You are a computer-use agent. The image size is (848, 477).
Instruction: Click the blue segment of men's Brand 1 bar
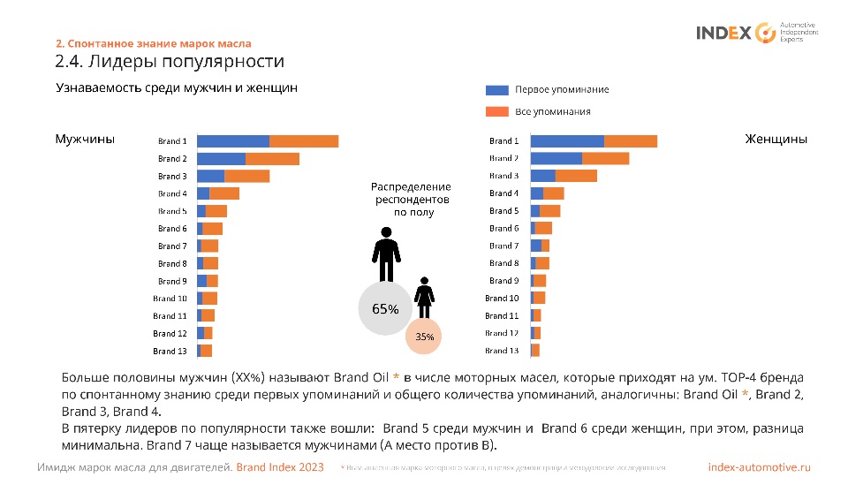point(232,141)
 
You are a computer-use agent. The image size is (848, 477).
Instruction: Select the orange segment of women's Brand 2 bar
point(605,158)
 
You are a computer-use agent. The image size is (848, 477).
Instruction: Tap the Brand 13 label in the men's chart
point(170,352)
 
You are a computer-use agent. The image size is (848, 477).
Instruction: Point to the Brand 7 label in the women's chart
point(503,246)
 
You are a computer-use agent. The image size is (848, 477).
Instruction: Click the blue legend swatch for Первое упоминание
point(497,90)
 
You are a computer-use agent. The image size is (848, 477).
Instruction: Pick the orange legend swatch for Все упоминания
point(497,112)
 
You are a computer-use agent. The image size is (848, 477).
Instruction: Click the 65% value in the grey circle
point(385,310)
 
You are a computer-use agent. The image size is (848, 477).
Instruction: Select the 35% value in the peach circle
point(425,337)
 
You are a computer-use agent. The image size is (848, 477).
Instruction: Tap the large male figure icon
point(385,254)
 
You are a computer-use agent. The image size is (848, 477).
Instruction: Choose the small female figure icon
point(425,297)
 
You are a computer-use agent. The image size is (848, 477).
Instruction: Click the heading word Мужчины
point(85,140)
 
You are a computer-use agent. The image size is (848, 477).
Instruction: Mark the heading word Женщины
point(776,140)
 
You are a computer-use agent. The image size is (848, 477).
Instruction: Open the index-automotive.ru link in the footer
point(759,466)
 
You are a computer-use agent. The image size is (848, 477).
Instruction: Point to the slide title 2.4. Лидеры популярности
point(170,62)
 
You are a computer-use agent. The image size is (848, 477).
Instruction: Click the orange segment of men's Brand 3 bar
point(247,176)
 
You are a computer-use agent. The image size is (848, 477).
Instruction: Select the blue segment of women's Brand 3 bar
point(542,176)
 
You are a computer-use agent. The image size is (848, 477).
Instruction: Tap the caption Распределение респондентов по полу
point(411,200)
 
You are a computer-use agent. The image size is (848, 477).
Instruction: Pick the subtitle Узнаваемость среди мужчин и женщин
point(177,88)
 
